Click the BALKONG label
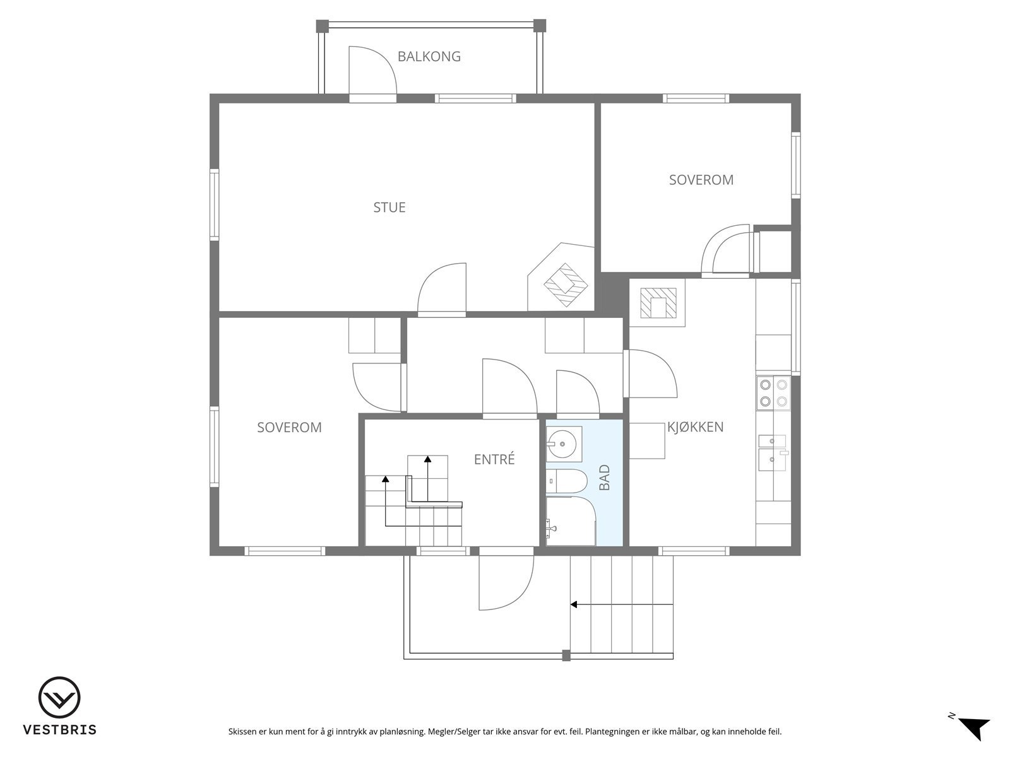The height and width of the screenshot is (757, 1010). pyautogui.click(x=429, y=57)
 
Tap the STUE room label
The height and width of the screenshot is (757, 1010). pyautogui.click(x=389, y=208)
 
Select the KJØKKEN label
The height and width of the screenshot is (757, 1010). pyautogui.click(x=695, y=427)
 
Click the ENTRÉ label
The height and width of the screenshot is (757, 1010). pyautogui.click(x=494, y=459)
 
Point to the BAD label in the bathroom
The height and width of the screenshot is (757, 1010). pyautogui.click(x=605, y=477)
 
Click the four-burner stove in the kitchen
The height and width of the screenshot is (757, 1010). pyautogui.click(x=773, y=393)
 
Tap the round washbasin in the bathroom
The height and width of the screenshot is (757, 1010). pyautogui.click(x=562, y=444)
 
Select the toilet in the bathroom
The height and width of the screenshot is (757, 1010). pyautogui.click(x=567, y=481)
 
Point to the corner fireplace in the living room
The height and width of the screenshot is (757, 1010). pyautogui.click(x=561, y=277)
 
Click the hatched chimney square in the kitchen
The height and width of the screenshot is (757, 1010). pyautogui.click(x=658, y=303)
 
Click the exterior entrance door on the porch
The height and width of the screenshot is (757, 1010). pyautogui.click(x=506, y=583)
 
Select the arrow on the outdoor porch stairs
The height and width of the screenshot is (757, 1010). pyautogui.click(x=622, y=604)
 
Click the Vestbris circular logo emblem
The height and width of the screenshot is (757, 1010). pyautogui.click(x=59, y=698)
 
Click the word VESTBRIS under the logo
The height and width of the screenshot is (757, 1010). pyautogui.click(x=60, y=729)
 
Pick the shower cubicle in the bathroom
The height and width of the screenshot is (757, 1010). pyautogui.click(x=571, y=521)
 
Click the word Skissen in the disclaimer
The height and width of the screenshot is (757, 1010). pyautogui.click(x=242, y=732)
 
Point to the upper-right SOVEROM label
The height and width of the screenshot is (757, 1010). pyautogui.click(x=701, y=180)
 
